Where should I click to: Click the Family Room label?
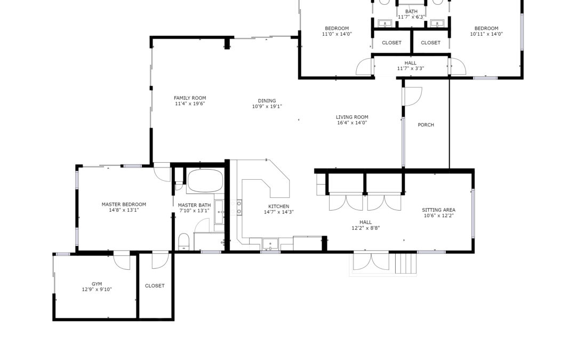(x=190, y=98)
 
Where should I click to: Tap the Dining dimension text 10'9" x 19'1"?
(x=267, y=107)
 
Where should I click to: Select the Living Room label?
(x=352, y=117)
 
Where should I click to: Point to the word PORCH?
(x=426, y=125)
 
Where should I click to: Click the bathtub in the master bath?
(x=205, y=180)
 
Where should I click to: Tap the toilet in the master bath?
(x=183, y=242)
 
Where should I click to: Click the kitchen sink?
(x=270, y=244)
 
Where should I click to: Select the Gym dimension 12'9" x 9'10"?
(x=97, y=290)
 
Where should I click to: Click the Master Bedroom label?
(x=124, y=205)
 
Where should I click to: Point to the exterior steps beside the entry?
(x=406, y=262)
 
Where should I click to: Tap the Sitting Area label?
(x=438, y=210)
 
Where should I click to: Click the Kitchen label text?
(x=279, y=206)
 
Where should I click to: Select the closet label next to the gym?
(x=155, y=286)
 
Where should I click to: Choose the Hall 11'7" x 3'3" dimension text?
(x=411, y=69)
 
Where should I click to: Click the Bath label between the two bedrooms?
(x=411, y=12)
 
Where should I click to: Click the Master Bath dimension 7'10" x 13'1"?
(x=194, y=211)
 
